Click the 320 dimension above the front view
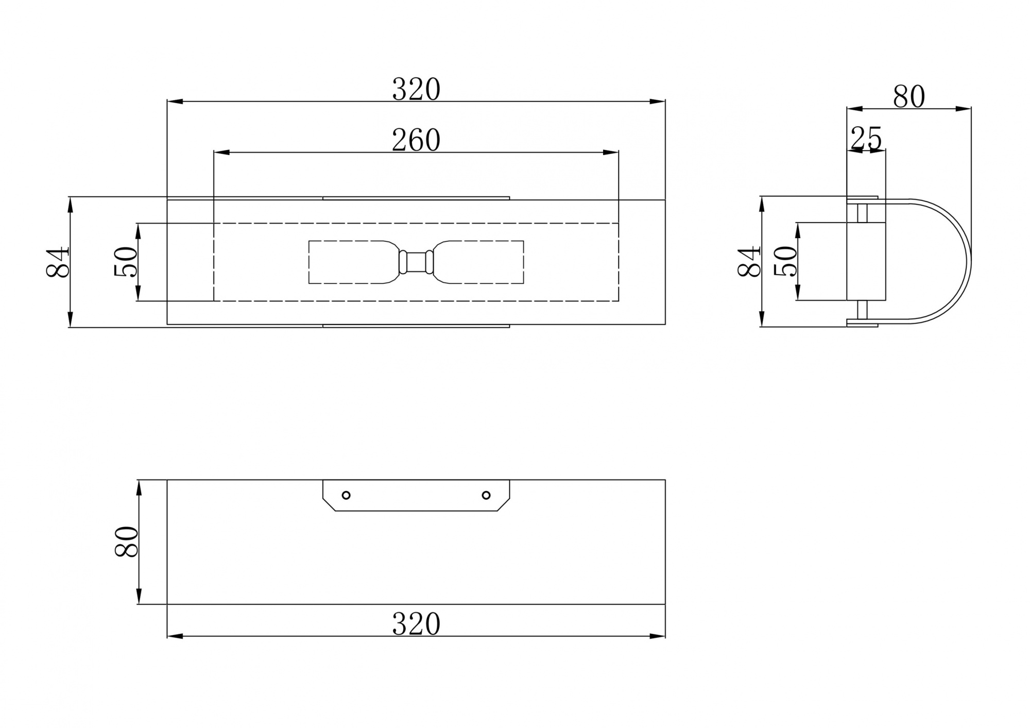tap(416, 90)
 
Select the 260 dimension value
tap(416, 140)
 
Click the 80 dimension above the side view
tap(909, 97)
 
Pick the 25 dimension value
tap(866, 139)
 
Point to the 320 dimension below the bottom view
tap(416, 624)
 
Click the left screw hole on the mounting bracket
tap(346, 495)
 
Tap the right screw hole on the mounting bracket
tap(486, 495)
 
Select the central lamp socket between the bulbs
tap(416, 262)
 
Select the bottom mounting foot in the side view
tap(862, 323)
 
